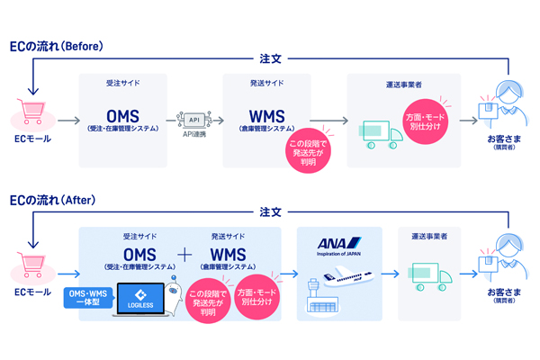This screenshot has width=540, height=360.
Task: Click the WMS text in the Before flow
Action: [x=268, y=116]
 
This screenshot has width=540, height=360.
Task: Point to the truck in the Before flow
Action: [x=378, y=133]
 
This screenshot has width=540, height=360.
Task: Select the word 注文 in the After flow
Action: [x=270, y=211]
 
